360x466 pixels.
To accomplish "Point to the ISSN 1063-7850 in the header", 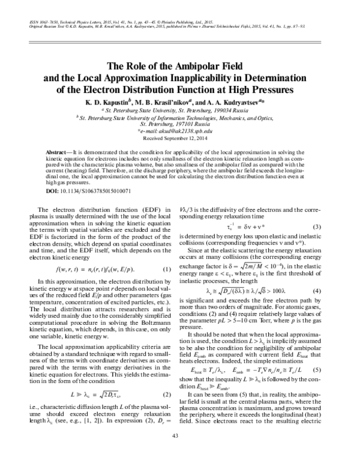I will (39, 20).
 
